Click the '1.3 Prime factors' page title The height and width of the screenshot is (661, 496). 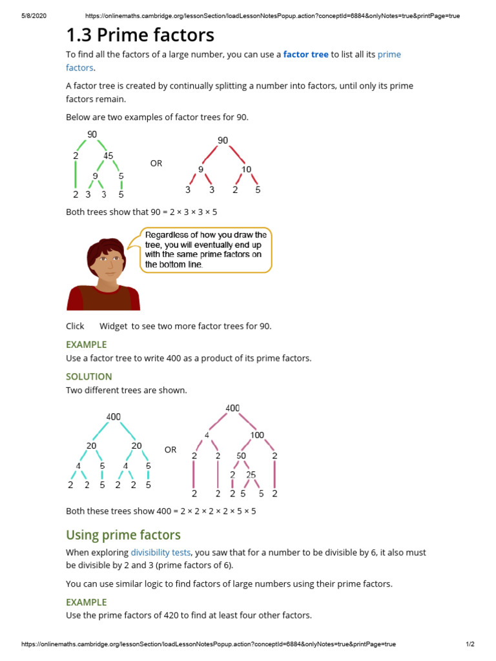coord(140,34)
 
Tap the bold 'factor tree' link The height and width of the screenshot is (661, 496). coord(305,54)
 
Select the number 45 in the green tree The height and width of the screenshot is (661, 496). coord(108,156)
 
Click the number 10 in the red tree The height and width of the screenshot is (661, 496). coord(246,169)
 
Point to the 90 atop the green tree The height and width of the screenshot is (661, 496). coord(92,134)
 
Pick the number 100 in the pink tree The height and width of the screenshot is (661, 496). coord(257,435)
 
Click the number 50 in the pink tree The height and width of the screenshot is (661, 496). coord(242,456)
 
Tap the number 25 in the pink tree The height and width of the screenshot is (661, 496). coord(251,475)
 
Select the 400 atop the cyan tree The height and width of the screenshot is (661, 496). coord(113,416)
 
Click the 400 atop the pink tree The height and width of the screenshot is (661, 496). coord(232,408)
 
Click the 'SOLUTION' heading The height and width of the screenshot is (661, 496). coord(89,376)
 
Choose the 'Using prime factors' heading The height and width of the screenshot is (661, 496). coord(123,534)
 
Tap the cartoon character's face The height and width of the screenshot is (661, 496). coord(106,263)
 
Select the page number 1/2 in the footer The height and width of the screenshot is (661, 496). coord(470,644)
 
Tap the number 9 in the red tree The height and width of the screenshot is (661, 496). coord(201,169)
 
